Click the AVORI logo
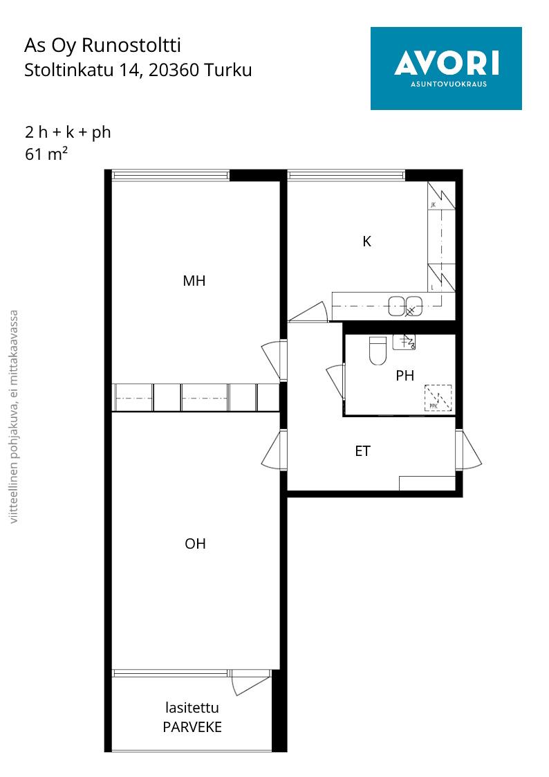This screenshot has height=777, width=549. click(x=446, y=68)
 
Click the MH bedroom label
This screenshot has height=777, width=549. click(x=194, y=281)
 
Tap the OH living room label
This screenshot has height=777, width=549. click(x=195, y=544)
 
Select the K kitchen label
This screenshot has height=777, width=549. click(x=367, y=241)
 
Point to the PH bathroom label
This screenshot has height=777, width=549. click(x=405, y=376)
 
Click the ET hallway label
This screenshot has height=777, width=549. click(x=363, y=451)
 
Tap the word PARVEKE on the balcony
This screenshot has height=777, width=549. click(x=192, y=727)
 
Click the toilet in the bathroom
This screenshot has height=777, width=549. click(x=378, y=350)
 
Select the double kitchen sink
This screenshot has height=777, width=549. click(x=405, y=306)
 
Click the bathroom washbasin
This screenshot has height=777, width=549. click(x=404, y=341)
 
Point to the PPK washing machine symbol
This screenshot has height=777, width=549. click(x=438, y=399)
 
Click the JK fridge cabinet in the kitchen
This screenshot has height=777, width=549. click(x=441, y=196)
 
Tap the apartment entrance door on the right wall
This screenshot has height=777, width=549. click(x=467, y=450)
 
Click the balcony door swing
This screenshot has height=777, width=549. click(x=251, y=682)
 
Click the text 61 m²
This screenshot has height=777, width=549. click(x=46, y=154)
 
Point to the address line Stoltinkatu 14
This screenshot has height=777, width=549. click(x=138, y=70)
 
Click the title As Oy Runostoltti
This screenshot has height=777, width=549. click(x=102, y=45)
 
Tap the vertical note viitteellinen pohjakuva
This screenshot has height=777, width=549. click(x=14, y=417)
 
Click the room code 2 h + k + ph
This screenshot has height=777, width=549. click(x=68, y=132)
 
